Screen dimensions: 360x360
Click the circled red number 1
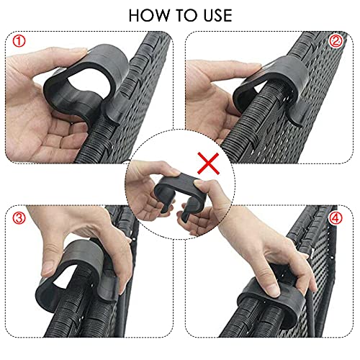(x=19, y=41)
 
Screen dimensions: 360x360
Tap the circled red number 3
(x=19, y=216)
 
